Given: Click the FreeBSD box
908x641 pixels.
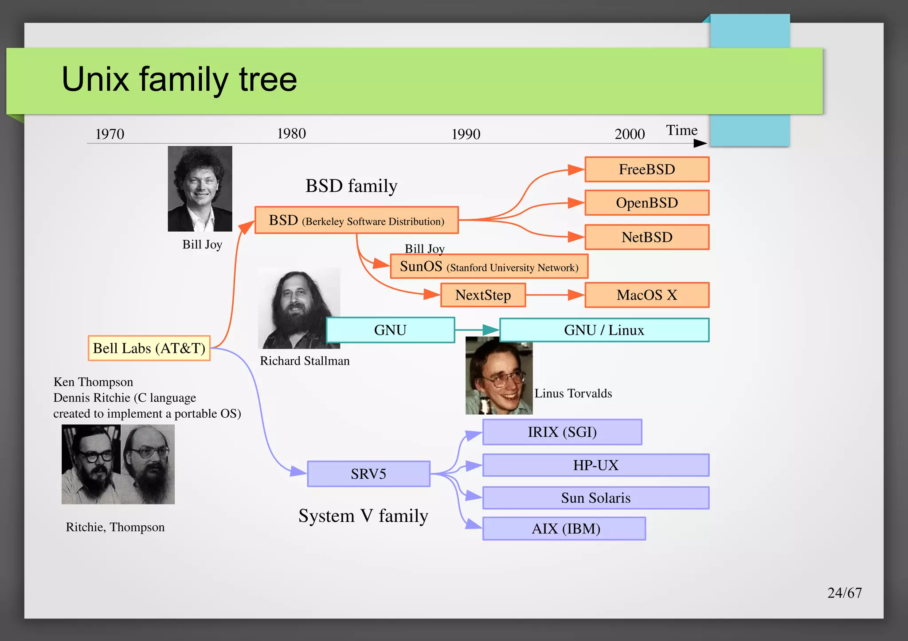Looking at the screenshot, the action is tap(647, 169).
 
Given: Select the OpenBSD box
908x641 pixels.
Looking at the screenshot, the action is tap(647, 203).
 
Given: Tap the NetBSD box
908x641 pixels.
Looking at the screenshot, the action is tap(647, 237).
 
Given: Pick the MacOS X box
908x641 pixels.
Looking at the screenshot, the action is tap(647, 295).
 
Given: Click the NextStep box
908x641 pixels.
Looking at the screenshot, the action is tap(483, 295).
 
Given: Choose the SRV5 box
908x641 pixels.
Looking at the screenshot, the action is tap(368, 474).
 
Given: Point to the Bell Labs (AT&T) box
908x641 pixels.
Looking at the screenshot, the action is tap(149, 348).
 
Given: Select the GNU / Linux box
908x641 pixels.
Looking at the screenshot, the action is tap(604, 330).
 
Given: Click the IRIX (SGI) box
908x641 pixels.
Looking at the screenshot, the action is tap(562, 432).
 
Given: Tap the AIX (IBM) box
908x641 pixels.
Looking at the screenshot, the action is tap(564, 528).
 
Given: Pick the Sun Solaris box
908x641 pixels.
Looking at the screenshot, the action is tap(595, 498).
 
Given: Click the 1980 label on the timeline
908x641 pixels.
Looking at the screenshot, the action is tap(291, 133).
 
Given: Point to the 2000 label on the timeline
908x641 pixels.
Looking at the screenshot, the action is tap(630, 134).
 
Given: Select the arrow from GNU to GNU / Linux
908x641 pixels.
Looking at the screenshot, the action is tap(477, 330).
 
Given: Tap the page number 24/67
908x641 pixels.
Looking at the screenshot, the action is tap(844, 593).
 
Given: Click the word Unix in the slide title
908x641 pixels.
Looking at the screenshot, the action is tap(95, 79).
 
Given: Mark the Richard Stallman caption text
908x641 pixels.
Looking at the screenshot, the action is tap(305, 361).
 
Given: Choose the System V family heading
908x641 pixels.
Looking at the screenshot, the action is tap(363, 516).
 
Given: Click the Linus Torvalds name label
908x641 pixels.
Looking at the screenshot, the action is tap(573, 393).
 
